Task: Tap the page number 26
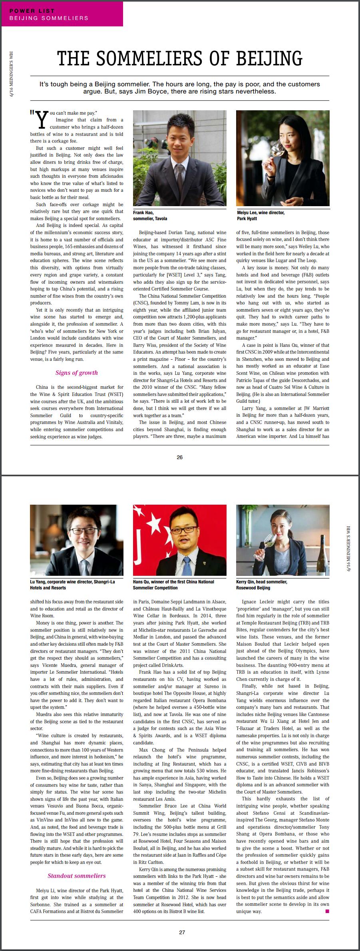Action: [x=179, y=457]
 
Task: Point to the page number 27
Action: [x=182, y=932]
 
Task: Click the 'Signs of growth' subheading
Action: [x=76, y=373]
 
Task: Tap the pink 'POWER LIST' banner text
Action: [x=32, y=11]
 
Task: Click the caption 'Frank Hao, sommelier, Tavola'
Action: [x=150, y=215]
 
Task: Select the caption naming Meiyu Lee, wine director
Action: [x=260, y=215]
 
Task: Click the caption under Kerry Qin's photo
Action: [x=261, y=585]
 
